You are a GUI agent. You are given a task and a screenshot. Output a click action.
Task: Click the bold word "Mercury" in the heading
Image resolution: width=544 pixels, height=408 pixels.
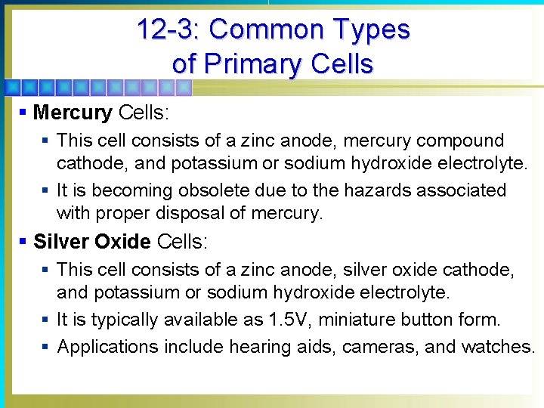[x=73, y=113]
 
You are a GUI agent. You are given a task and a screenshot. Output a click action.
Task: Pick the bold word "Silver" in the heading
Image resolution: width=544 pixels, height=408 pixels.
[x=61, y=242]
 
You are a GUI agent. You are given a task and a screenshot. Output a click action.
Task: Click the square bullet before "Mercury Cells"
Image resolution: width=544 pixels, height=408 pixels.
[x=23, y=113]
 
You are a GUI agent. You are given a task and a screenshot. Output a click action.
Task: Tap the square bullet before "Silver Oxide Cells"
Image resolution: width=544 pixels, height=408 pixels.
[x=23, y=242]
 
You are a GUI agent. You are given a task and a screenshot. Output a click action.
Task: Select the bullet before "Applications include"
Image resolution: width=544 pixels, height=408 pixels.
[x=46, y=346]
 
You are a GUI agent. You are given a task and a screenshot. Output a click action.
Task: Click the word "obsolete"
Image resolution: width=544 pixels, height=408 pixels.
[x=204, y=190]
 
